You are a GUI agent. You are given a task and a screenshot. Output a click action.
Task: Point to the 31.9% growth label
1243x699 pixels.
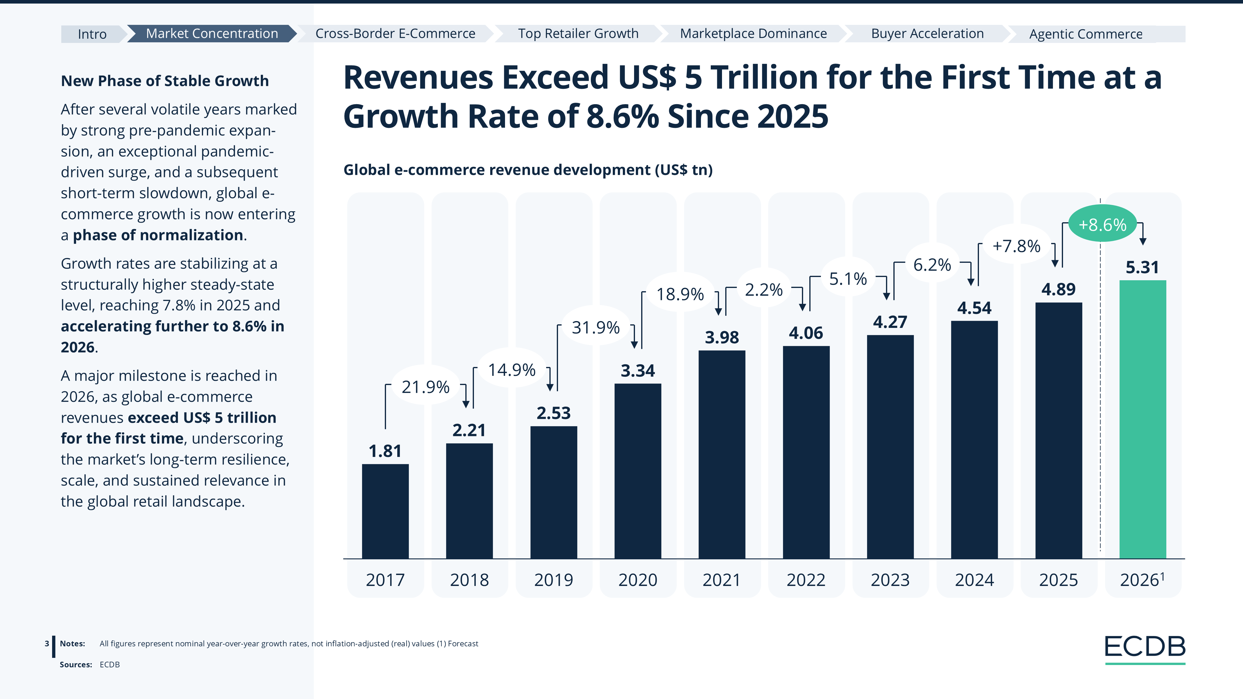[595, 328]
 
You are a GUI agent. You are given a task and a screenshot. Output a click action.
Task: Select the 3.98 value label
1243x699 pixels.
[721, 337]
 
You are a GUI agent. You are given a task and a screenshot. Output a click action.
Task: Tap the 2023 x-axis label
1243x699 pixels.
[890, 580]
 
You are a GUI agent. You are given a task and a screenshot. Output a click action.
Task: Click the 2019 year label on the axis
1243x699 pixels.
[554, 580]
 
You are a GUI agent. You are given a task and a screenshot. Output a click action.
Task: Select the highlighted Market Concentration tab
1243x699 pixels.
[212, 34]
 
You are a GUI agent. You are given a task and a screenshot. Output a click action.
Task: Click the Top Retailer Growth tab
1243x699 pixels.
[578, 34]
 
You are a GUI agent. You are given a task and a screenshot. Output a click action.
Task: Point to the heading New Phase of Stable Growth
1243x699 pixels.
[165, 81]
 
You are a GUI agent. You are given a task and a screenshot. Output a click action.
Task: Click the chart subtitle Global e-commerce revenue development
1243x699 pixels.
[528, 170]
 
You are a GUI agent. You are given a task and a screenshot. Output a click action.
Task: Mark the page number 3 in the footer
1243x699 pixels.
[47, 644]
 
